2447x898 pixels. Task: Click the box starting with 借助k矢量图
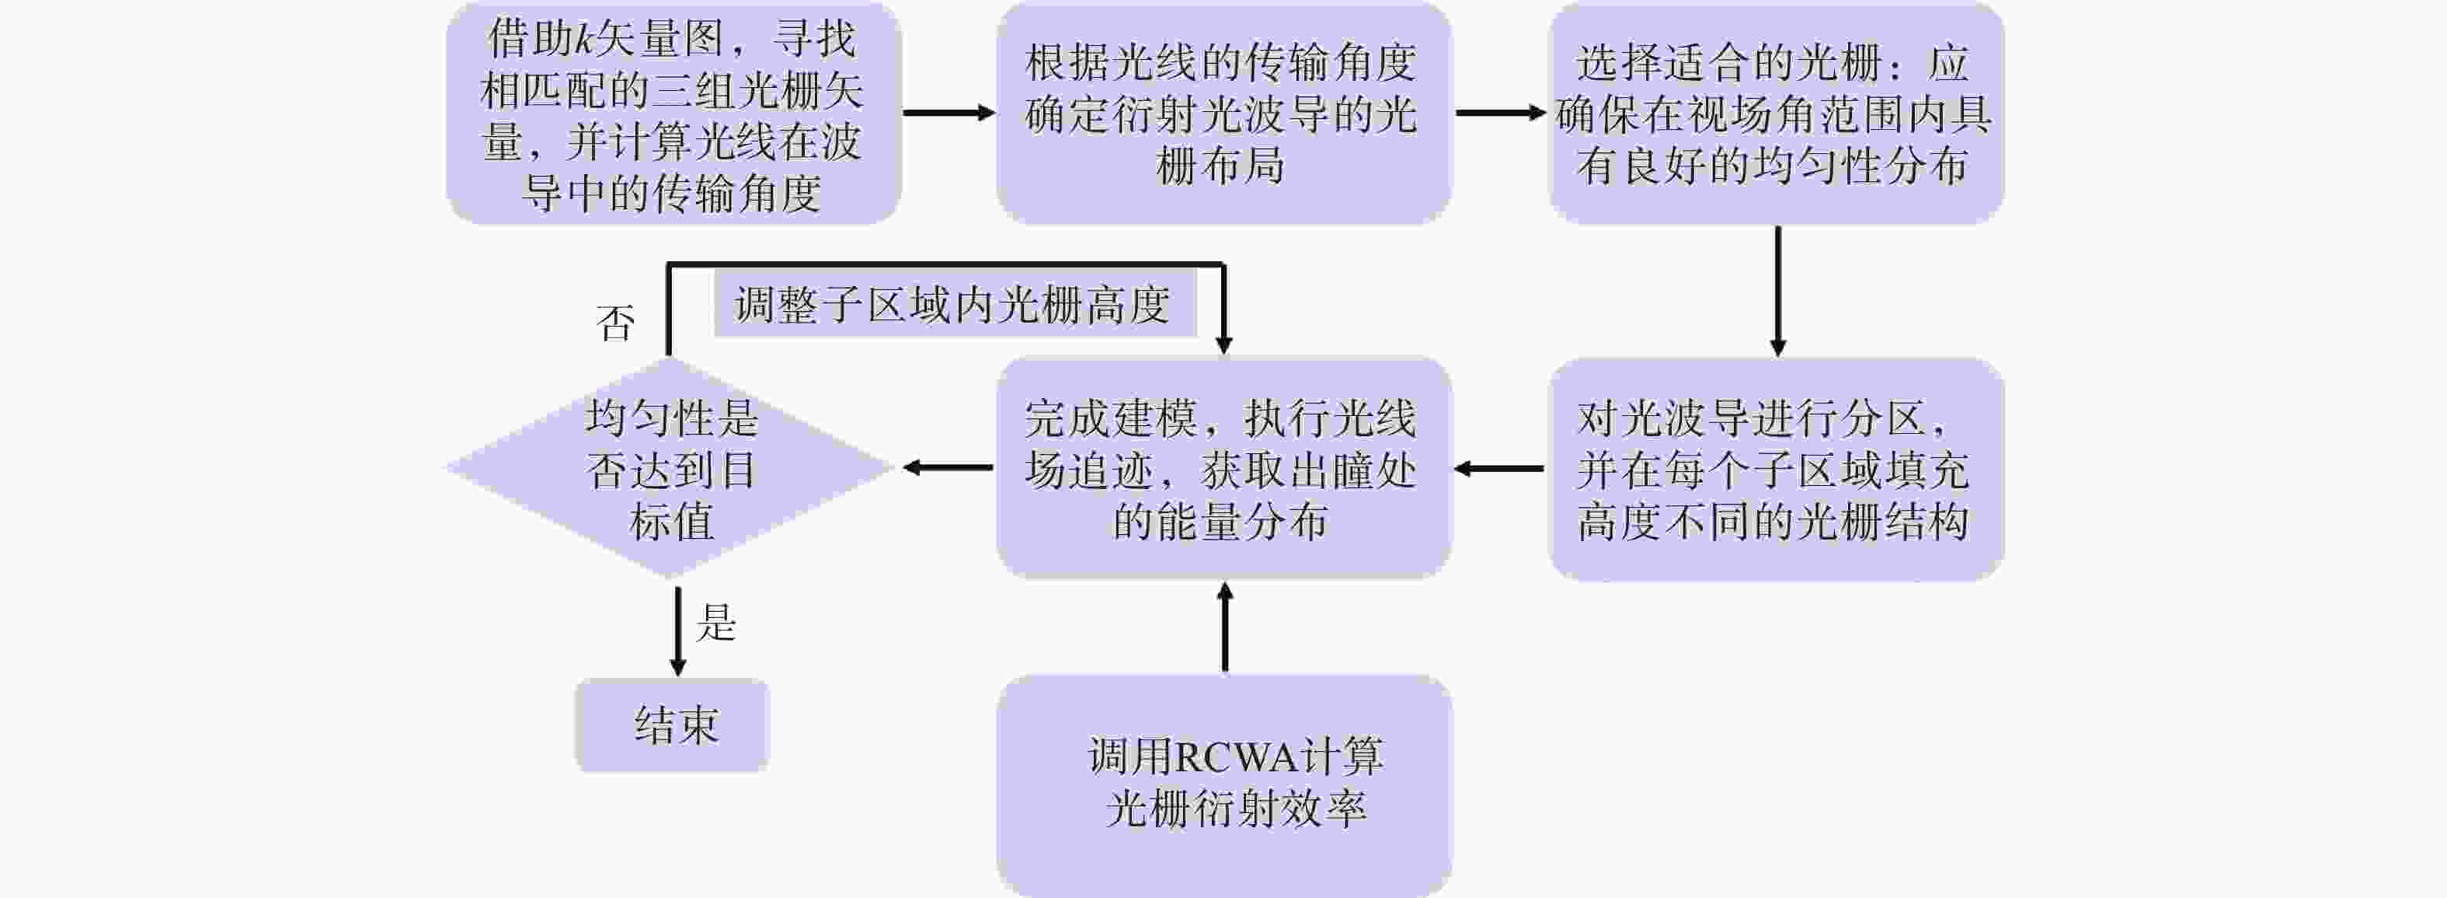pos(673,114)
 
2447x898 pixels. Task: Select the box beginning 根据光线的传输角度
pos(1223,114)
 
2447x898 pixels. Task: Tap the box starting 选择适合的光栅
pos(1775,114)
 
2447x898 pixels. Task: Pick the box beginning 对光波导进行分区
pos(1775,469)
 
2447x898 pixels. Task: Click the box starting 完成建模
pos(1223,469)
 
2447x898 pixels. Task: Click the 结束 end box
pos(673,725)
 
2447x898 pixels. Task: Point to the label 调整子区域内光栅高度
pos(952,305)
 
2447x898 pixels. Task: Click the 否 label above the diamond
pos(614,323)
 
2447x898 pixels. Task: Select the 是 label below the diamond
pos(716,624)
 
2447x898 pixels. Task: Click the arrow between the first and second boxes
pos(948,113)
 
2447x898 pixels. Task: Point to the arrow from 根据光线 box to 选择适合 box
pos(1501,113)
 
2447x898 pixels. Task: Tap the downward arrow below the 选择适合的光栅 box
pos(1777,291)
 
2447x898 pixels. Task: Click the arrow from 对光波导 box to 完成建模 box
pos(1500,469)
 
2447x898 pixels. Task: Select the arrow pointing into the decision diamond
pos(947,467)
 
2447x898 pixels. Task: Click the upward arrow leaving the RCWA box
pos(1224,627)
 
